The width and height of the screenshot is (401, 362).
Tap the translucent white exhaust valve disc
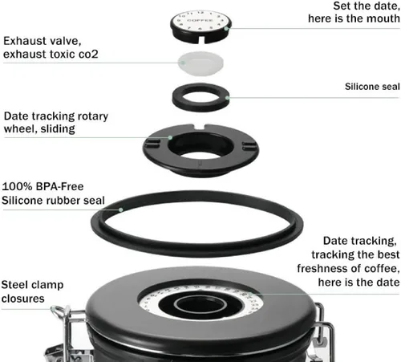200,63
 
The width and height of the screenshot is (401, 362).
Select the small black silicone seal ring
200,97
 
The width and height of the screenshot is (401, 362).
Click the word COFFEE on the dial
200,20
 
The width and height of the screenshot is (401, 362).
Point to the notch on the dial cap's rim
201,39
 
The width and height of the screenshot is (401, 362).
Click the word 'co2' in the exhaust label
88,55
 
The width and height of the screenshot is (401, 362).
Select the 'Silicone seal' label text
372,87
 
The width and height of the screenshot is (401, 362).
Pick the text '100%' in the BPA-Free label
17,186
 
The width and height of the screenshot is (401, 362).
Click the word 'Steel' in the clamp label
14,285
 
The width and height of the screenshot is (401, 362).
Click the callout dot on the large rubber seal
121,209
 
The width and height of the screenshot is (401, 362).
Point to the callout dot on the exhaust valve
183,63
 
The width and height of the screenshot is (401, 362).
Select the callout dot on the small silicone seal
227,98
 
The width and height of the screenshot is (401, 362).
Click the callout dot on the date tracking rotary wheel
170,137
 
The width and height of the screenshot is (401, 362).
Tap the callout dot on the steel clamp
53,309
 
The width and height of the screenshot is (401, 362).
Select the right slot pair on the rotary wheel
249,146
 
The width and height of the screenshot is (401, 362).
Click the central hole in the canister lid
200,305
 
